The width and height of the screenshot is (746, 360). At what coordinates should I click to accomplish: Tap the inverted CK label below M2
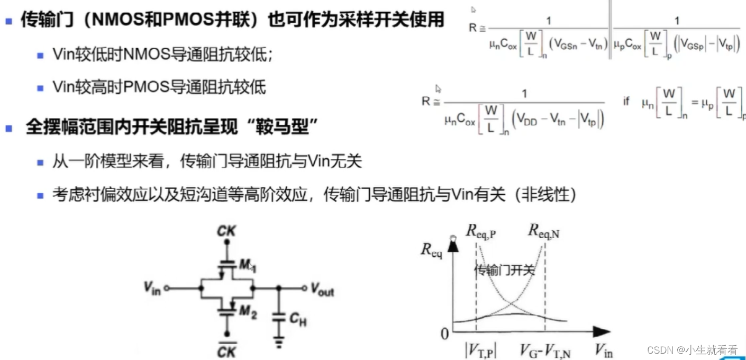227,349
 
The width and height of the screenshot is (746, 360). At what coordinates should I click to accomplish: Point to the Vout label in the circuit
322,290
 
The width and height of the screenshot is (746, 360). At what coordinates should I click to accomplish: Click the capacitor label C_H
298,319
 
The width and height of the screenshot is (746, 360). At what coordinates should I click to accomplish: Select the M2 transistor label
247,312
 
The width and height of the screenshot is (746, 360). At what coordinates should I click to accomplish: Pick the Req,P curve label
480,230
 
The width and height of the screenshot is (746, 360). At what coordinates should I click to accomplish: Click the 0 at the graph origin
444,333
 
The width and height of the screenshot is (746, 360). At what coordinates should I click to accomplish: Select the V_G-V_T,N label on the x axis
545,351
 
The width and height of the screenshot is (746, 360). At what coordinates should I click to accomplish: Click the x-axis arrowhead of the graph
601,332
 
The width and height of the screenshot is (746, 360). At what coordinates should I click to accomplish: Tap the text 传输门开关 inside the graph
504,271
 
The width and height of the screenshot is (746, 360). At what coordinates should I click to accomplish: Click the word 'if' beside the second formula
626,101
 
